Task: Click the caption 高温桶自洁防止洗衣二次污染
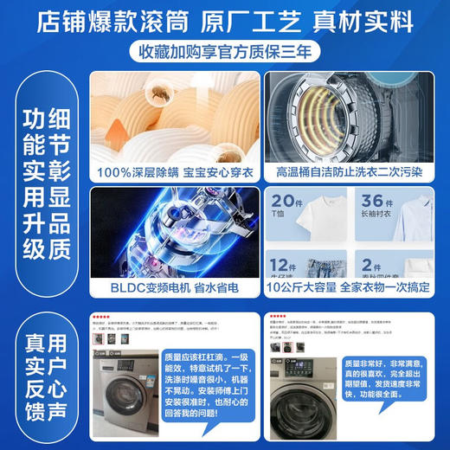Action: coord(350,173)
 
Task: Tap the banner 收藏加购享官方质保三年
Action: coord(225,52)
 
